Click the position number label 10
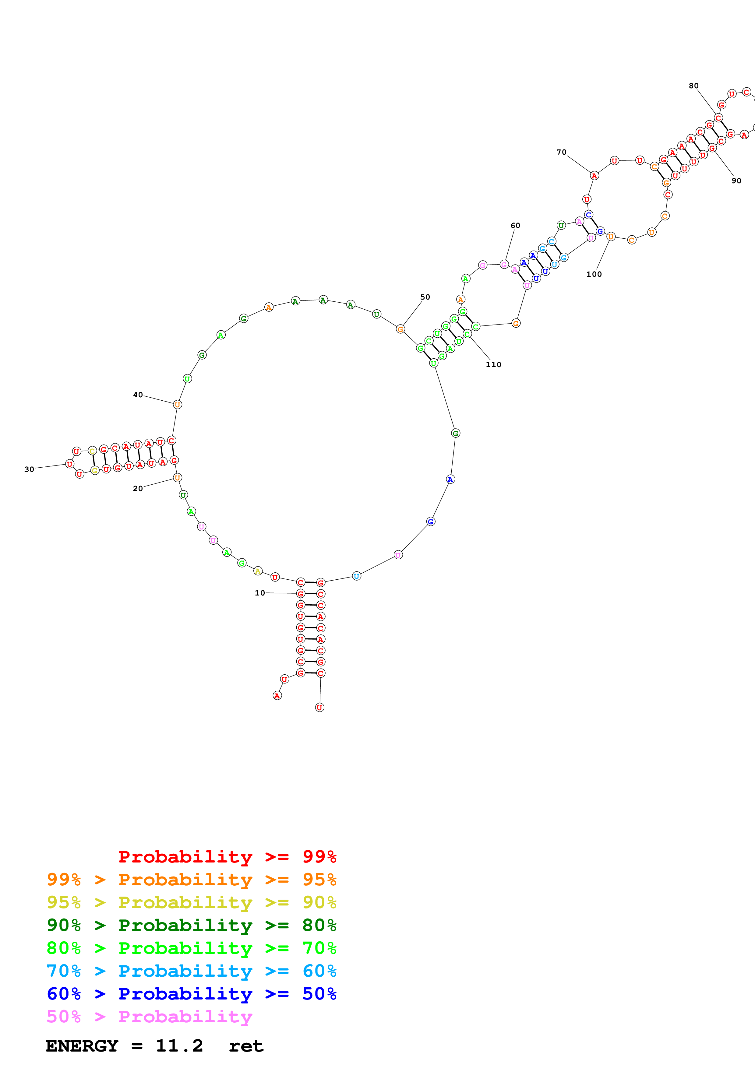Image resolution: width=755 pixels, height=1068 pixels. pyautogui.click(x=259, y=593)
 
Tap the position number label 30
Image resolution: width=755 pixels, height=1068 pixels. pyautogui.click(x=29, y=469)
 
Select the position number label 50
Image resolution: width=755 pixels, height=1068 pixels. pyautogui.click(x=425, y=297)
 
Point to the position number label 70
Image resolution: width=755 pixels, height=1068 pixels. pyautogui.click(x=562, y=152)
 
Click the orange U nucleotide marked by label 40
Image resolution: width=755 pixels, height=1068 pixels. pyautogui.click(x=177, y=405)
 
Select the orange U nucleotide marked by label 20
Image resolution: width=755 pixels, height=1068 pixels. pyautogui.click(x=177, y=478)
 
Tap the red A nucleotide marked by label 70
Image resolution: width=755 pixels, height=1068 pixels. pyautogui.click(x=594, y=176)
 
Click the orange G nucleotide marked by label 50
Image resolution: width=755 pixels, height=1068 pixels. pyautogui.click(x=400, y=329)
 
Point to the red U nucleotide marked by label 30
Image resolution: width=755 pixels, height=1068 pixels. pyautogui.click(x=70, y=464)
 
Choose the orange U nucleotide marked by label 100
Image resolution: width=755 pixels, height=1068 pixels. pyautogui.click(x=611, y=237)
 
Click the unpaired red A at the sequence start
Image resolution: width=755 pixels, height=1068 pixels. pyautogui.click(x=277, y=696)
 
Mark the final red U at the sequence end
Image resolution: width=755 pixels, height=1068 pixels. pyautogui.click(x=319, y=708)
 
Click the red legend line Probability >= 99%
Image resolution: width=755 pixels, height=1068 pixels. pyautogui.click(x=227, y=856)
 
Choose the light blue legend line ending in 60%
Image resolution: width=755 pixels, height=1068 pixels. pyautogui.click(x=192, y=971)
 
